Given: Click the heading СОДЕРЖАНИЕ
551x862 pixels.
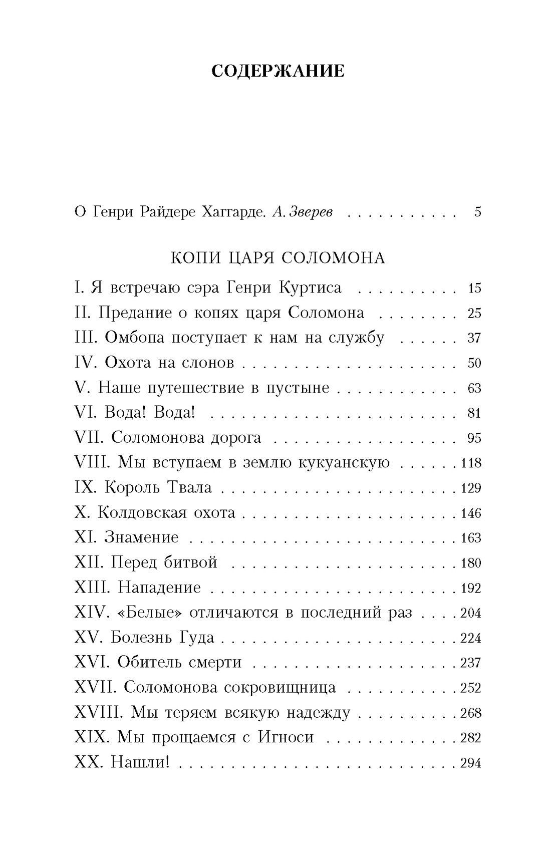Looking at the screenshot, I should point(278,71).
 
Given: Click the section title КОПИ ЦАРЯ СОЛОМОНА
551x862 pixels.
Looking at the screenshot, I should point(278,258).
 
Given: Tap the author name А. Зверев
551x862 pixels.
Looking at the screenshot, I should point(303,212).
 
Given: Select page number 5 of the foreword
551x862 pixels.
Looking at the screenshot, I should point(477,212).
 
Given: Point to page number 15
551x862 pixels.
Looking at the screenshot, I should point(474,288).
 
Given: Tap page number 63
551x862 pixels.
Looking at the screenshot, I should point(474,388).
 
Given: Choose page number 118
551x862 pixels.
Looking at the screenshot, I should point(471,463).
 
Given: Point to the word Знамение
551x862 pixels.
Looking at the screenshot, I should point(141,537).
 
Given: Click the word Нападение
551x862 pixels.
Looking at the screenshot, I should point(159,588).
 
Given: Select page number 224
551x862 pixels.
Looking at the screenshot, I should point(471,638).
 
